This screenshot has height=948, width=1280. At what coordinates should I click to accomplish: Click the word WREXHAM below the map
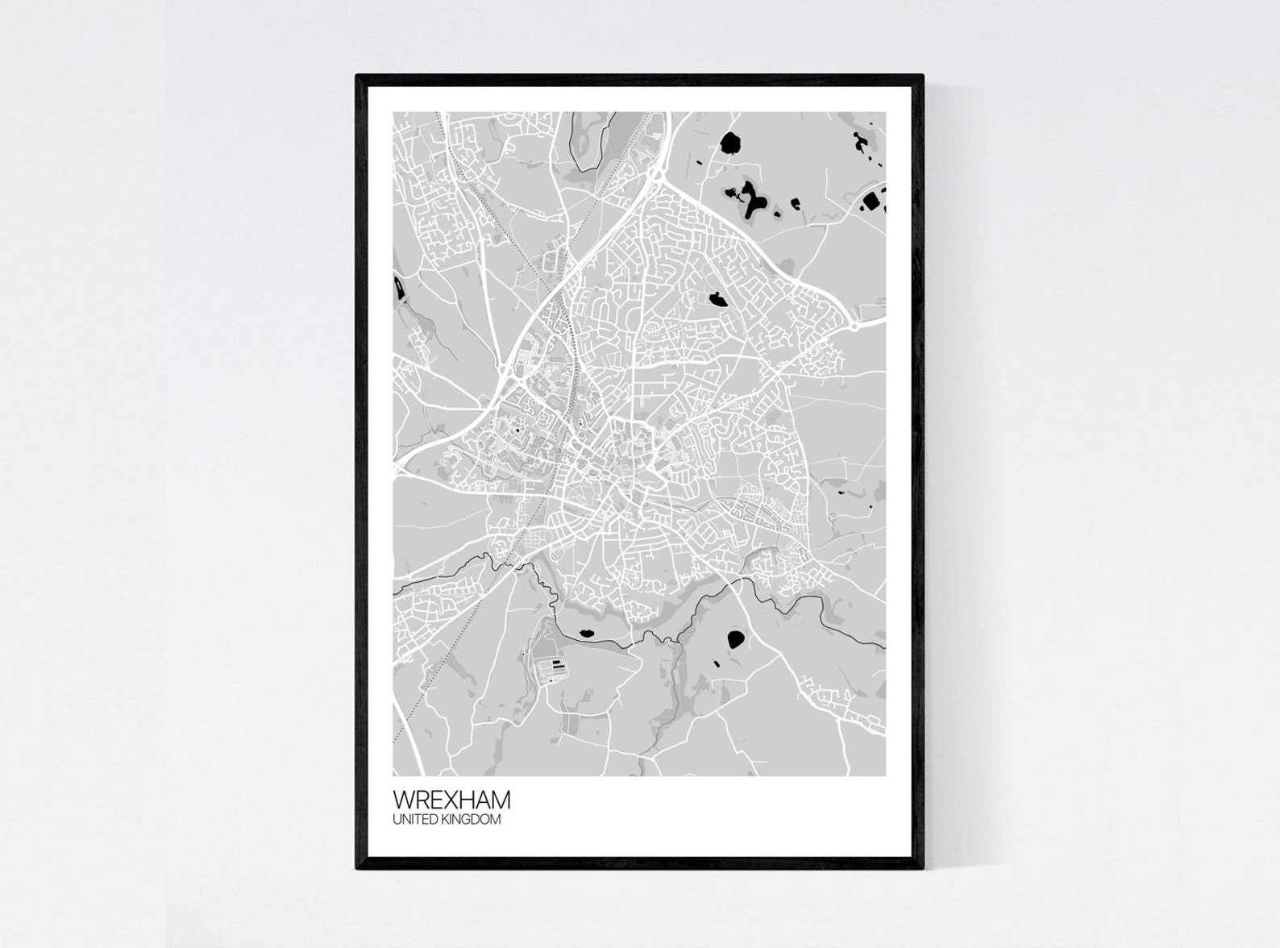pos(451,800)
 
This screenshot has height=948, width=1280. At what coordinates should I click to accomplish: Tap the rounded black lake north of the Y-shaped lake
pos(730,143)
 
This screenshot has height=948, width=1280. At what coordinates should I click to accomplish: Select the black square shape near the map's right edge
pos(871,201)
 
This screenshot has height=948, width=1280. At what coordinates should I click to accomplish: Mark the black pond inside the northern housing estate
pos(717,300)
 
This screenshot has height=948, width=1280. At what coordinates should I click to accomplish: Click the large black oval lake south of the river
pos(735,640)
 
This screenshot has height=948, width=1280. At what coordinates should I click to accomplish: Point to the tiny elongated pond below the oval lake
pos(716,664)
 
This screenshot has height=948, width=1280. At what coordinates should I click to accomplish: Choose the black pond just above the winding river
pos(587,632)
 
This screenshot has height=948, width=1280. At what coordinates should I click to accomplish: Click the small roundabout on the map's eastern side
pos(853,327)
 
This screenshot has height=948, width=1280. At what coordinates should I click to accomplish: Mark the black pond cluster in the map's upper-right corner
pos(860,143)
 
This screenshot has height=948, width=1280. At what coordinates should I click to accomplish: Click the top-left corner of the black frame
pos(358,77)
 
